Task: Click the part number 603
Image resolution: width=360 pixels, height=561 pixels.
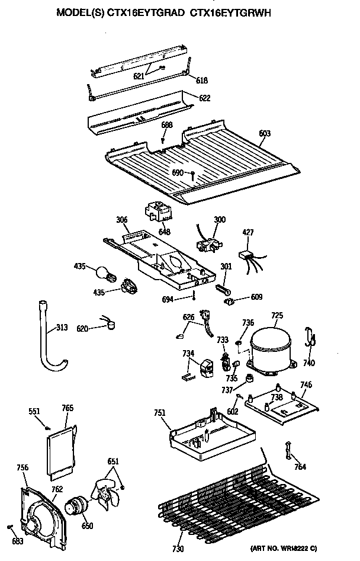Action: click(265, 134)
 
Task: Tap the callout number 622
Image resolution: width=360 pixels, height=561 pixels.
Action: click(204, 98)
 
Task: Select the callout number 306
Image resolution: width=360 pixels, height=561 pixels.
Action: click(122, 219)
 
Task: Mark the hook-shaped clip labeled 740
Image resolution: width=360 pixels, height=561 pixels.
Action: click(309, 338)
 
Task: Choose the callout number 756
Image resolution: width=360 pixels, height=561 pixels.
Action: click(22, 468)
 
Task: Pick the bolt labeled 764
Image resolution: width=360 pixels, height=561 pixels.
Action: click(289, 450)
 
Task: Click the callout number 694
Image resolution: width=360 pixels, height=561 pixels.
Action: click(168, 300)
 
